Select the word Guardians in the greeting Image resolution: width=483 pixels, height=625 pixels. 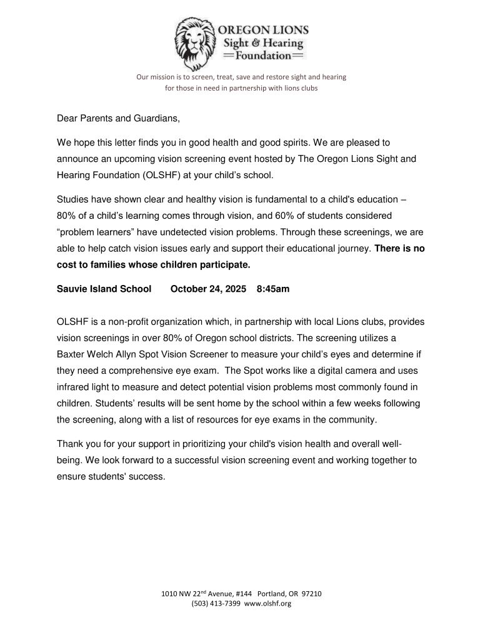pos(143,117)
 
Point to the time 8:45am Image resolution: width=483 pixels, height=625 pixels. pos(273,289)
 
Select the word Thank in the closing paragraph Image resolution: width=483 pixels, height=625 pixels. pos(71,444)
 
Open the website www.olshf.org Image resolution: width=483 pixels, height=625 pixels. pos(267,603)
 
